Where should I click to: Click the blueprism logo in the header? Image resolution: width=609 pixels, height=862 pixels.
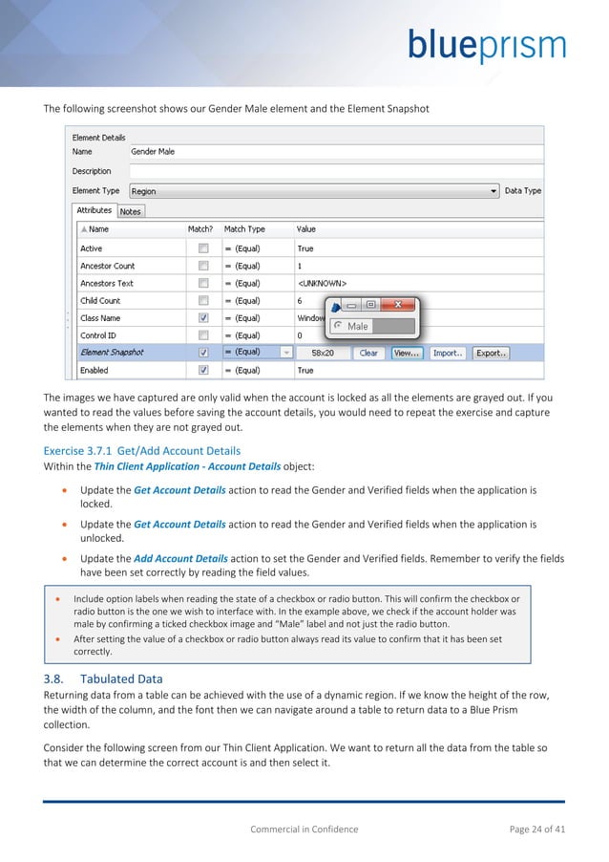487,46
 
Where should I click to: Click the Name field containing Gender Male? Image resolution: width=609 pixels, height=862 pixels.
334,151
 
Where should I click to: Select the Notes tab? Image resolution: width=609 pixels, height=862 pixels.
130,211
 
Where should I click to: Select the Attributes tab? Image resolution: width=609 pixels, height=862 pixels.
94,210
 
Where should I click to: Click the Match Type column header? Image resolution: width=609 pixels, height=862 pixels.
244,229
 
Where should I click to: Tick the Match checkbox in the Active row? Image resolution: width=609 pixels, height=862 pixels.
203,248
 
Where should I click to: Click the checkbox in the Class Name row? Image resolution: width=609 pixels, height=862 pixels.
203,318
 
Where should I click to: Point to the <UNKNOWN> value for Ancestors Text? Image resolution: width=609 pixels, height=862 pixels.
322,284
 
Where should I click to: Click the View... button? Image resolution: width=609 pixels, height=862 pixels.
407,353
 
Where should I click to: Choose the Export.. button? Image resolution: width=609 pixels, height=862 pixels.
490,353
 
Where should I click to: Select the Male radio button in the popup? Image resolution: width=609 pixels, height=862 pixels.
338,326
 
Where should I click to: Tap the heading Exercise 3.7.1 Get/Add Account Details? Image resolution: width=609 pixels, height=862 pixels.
142,450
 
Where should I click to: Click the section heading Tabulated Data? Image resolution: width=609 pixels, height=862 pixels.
122,679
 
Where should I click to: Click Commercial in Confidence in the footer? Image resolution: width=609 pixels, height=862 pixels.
304,829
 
